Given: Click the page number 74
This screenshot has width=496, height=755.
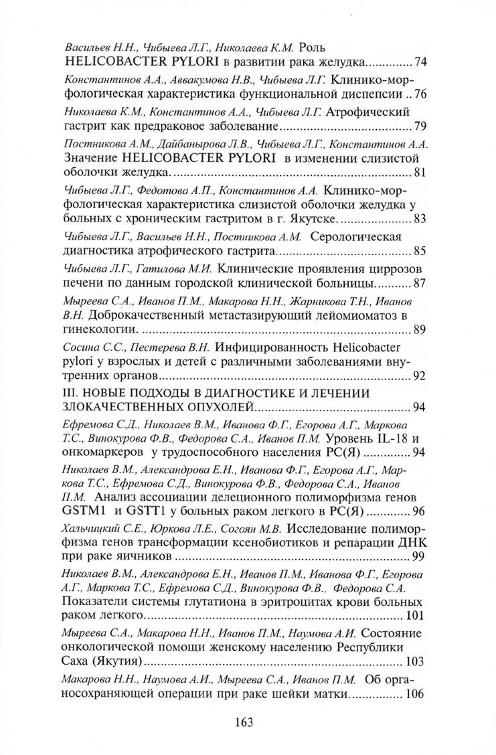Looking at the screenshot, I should (x=421, y=63).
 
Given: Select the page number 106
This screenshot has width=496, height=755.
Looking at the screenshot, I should (x=415, y=694).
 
